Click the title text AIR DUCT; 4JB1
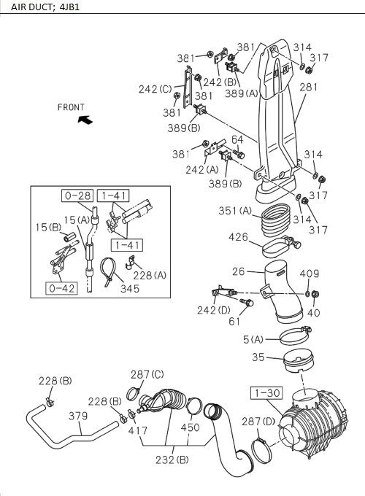pyautogui.click(x=35, y=7)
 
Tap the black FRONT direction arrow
pyautogui.click(x=84, y=119)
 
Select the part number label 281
pyautogui.click(x=310, y=87)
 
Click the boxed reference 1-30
pyautogui.click(x=266, y=393)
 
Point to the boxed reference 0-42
pyautogui.click(x=62, y=288)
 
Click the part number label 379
pyautogui.click(x=78, y=416)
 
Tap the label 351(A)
pyautogui.click(x=236, y=212)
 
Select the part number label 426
pyautogui.click(x=238, y=237)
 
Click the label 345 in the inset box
pyautogui.click(x=130, y=289)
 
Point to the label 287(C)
pyautogui.click(x=147, y=374)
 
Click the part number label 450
pyautogui.click(x=190, y=428)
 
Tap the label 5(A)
pyautogui.click(x=254, y=338)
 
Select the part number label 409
pyautogui.click(x=310, y=274)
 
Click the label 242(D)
pyautogui.click(x=215, y=309)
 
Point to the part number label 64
pyautogui.click(x=237, y=139)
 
